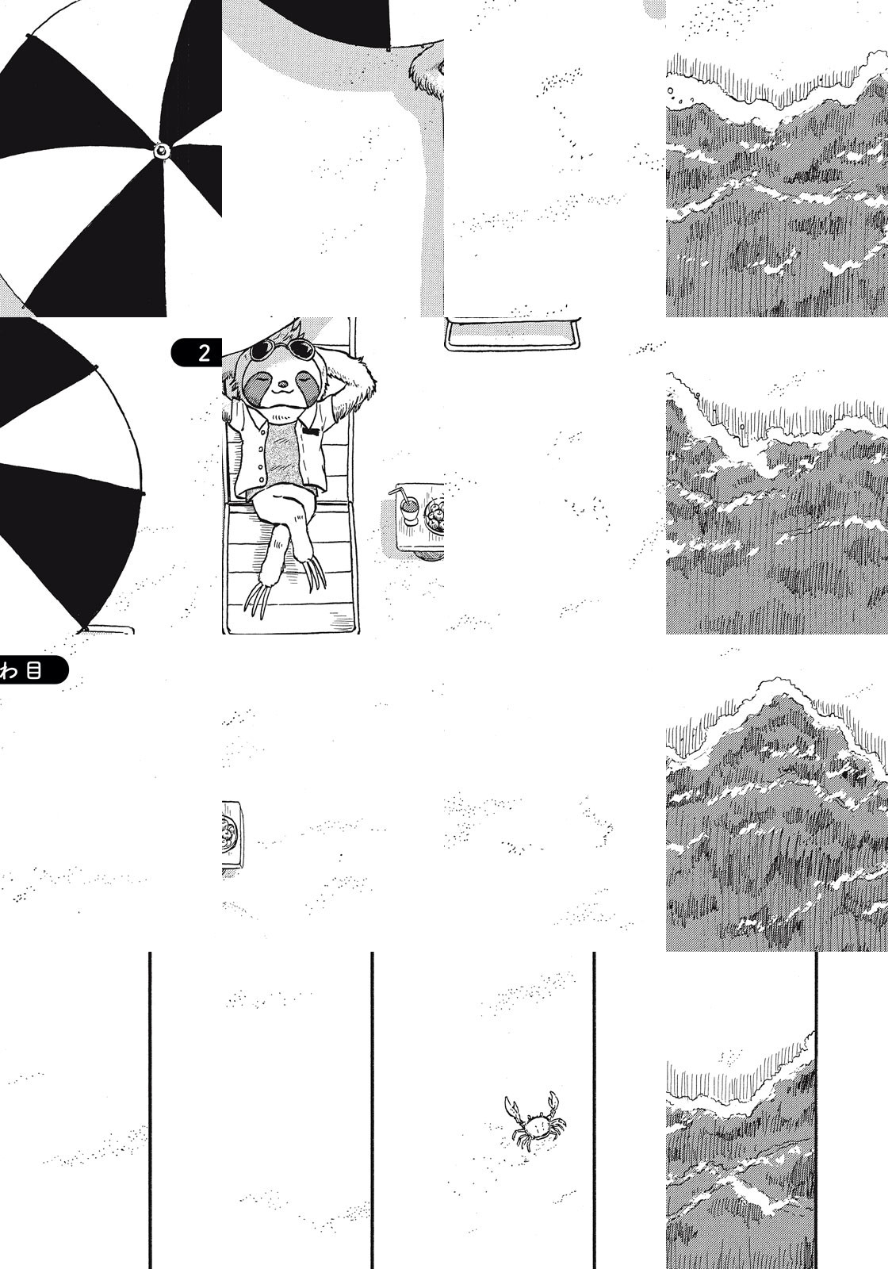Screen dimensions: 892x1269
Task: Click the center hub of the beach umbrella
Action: point(162,150)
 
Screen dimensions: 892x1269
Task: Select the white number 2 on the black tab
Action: point(204,353)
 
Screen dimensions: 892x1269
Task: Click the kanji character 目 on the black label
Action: point(33,671)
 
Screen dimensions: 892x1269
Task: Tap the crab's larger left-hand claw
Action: point(511,1104)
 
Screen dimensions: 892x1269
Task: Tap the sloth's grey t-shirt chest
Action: point(281,453)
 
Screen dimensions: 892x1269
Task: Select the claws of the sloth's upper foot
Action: point(316,575)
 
